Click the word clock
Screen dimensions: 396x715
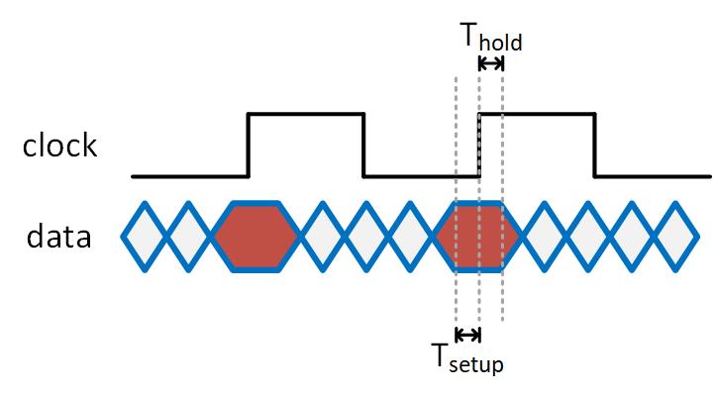coord(60,146)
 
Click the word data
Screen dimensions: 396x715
coord(59,238)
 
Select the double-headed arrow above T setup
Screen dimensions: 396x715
coord(467,334)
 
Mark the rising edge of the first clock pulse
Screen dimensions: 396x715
coord(248,146)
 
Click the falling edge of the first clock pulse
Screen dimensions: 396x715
coord(364,146)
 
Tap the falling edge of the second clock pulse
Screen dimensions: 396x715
coord(594,146)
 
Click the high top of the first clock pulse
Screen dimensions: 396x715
coord(306,115)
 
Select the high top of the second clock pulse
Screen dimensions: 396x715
coord(537,115)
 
